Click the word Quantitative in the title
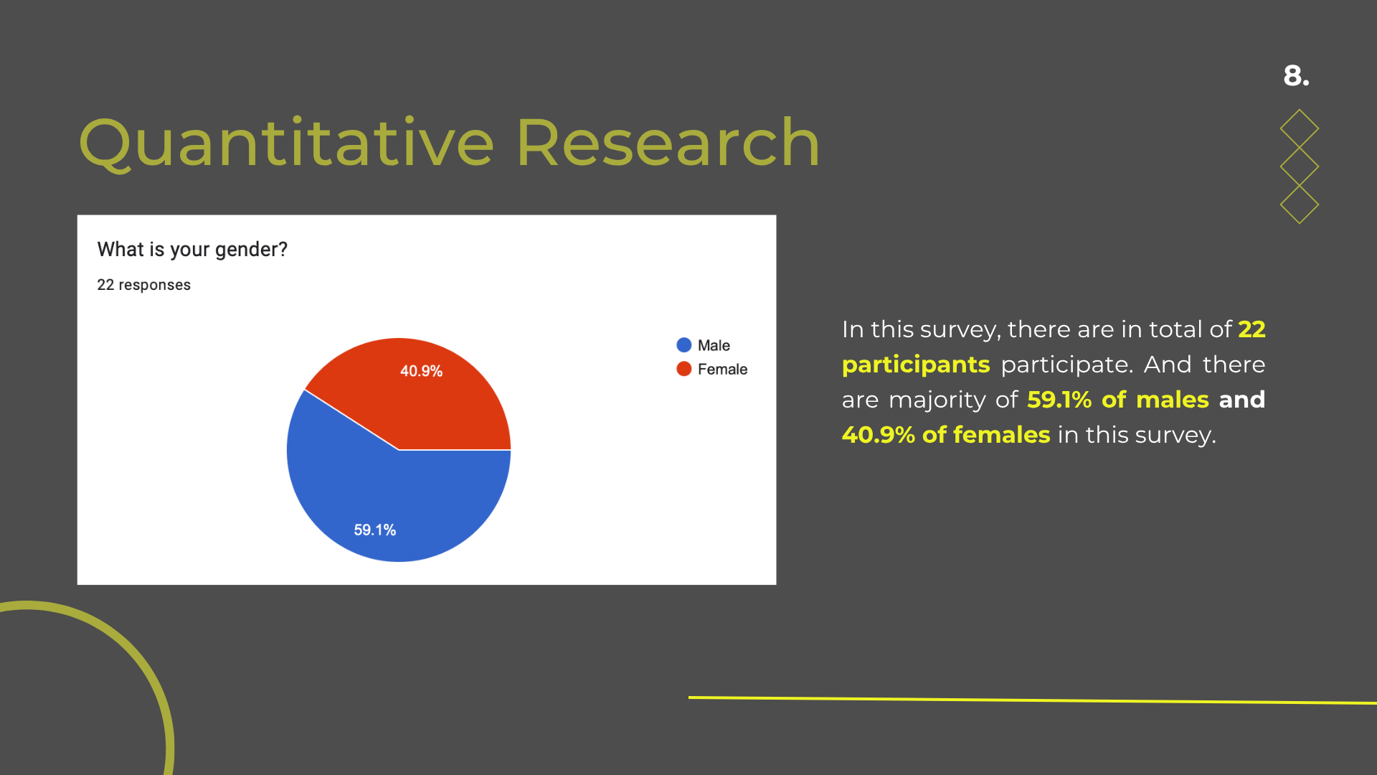[x=286, y=144]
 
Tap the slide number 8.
[x=1296, y=75]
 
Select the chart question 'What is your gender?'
[x=192, y=250]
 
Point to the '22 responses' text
[x=144, y=285]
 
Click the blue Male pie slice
[x=387, y=502]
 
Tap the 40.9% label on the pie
[x=421, y=371]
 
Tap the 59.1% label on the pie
[x=374, y=530]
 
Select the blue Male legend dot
[x=684, y=345]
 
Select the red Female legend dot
[x=684, y=369]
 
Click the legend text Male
[x=714, y=345]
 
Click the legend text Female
[x=722, y=369]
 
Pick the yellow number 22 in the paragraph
[x=1251, y=329]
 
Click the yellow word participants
[x=916, y=365]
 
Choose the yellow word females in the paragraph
[x=1001, y=435]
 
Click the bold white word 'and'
[x=1242, y=400]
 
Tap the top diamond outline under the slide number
[x=1300, y=128]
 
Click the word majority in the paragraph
[x=937, y=400]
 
